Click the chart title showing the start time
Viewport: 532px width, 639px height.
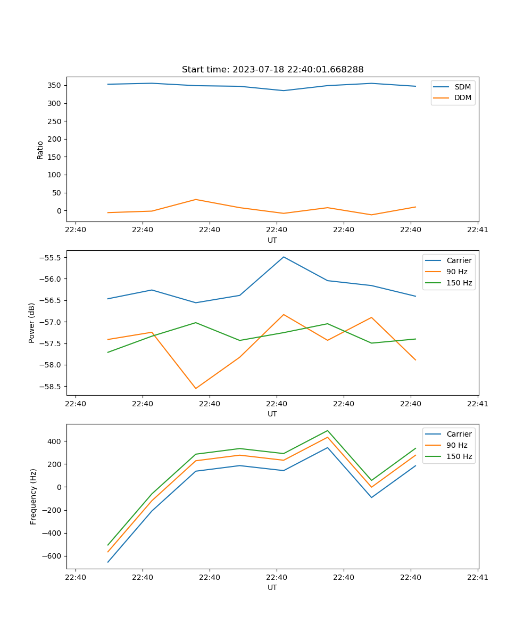tap(272, 70)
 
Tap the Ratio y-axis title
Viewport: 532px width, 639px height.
tap(40, 150)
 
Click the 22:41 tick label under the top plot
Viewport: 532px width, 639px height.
tap(478, 230)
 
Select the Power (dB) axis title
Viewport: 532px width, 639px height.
tap(32, 323)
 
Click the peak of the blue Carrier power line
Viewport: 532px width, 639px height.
tap(284, 257)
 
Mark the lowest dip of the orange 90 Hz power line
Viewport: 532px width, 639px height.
tap(196, 388)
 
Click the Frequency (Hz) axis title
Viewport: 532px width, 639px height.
tap(34, 496)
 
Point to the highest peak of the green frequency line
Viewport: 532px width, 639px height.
tap(328, 431)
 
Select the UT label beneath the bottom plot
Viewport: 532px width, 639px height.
tap(272, 587)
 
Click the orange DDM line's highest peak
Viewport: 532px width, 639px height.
tap(196, 200)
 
